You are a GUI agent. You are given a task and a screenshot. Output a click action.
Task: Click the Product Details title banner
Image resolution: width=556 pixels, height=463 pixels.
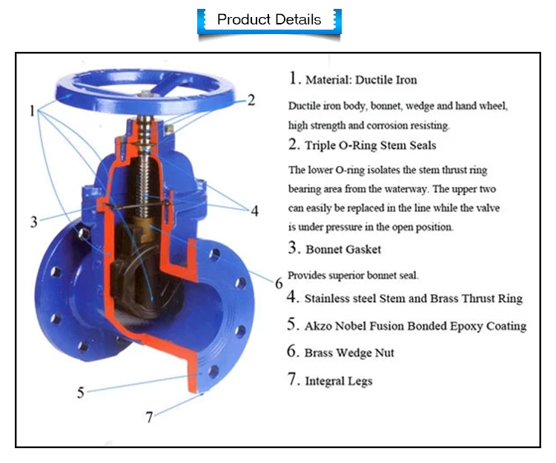(x=269, y=19)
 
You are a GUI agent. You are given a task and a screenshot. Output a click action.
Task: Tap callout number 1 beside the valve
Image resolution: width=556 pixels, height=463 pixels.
(x=32, y=111)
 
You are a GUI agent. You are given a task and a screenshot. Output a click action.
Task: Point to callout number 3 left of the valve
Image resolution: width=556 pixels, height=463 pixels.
(x=34, y=221)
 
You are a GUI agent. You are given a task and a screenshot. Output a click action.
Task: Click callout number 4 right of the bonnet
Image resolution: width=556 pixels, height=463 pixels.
(x=254, y=210)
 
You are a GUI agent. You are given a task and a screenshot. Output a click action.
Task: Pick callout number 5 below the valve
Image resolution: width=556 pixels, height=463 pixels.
(x=82, y=392)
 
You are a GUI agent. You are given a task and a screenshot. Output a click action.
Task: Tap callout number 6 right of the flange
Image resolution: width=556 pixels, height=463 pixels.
(x=279, y=284)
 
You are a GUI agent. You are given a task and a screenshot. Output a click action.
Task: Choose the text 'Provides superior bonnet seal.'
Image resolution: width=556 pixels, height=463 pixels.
(x=353, y=275)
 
